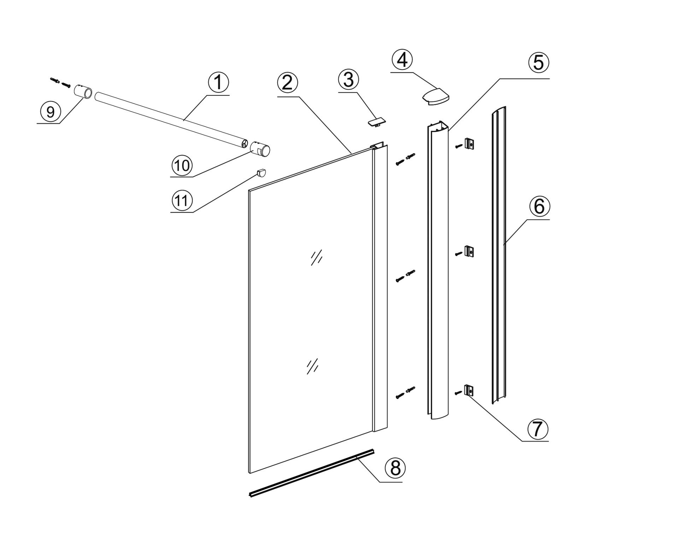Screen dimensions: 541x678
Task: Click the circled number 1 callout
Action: [x=218, y=82]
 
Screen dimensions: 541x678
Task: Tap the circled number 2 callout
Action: [x=288, y=83]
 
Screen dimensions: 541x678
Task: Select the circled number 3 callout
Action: [x=348, y=79]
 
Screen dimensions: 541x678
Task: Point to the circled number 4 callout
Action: [x=402, y=60]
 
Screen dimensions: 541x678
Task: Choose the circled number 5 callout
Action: [x=538, y=63]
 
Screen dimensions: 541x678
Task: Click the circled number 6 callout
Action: [x=539, y=207]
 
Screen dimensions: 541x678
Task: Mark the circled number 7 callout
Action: [x=537, y=429]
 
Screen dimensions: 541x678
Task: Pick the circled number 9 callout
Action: [x=51, y=112]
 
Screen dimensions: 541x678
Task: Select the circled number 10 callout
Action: [x=182, y=165]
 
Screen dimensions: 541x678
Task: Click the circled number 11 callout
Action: [x=182, y=201]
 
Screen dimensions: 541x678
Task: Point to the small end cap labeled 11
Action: [x=261, y=173]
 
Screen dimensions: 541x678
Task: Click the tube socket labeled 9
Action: [x=83, y=93]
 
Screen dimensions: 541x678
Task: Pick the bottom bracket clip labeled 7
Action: [x=469, y=391]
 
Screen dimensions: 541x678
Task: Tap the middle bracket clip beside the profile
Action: [x=469, y=251]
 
